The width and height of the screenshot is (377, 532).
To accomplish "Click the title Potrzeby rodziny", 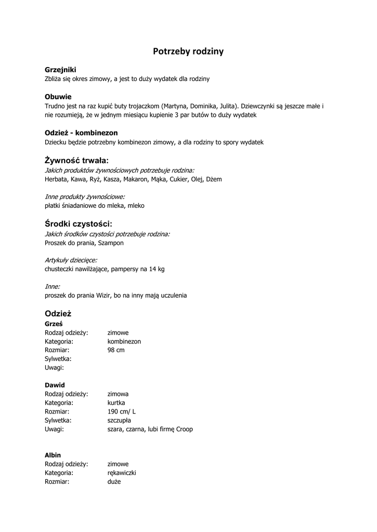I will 188,51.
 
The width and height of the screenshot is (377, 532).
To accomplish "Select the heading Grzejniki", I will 60,70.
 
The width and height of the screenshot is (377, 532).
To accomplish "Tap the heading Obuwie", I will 58,97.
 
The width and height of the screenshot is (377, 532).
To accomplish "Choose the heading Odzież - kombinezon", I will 81,132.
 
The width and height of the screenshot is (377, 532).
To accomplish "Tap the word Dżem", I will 214,179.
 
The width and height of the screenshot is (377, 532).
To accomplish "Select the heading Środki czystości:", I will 79,224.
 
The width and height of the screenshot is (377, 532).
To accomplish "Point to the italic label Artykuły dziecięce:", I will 71,260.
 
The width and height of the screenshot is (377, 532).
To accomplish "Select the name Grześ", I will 54,323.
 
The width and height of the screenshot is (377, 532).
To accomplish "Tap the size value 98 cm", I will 116,350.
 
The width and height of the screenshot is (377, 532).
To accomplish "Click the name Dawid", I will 55,385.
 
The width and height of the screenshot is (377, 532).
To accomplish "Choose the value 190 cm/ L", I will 122,411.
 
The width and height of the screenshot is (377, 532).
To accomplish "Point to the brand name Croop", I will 185,429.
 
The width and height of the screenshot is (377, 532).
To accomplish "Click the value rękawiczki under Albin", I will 122,473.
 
